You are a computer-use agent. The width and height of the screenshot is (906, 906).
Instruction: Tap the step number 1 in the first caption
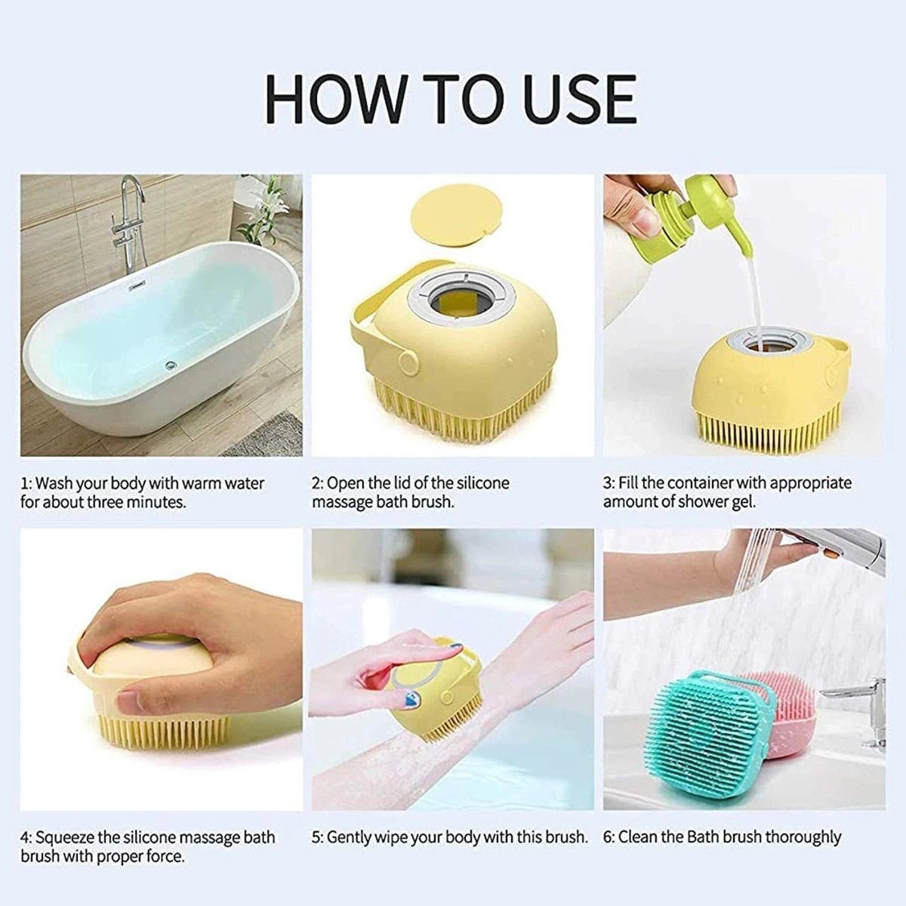pyautogui.click(x=24, y=483)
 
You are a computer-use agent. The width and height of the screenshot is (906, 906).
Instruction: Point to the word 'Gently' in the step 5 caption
pyautogui.click(x=351, y=837)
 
